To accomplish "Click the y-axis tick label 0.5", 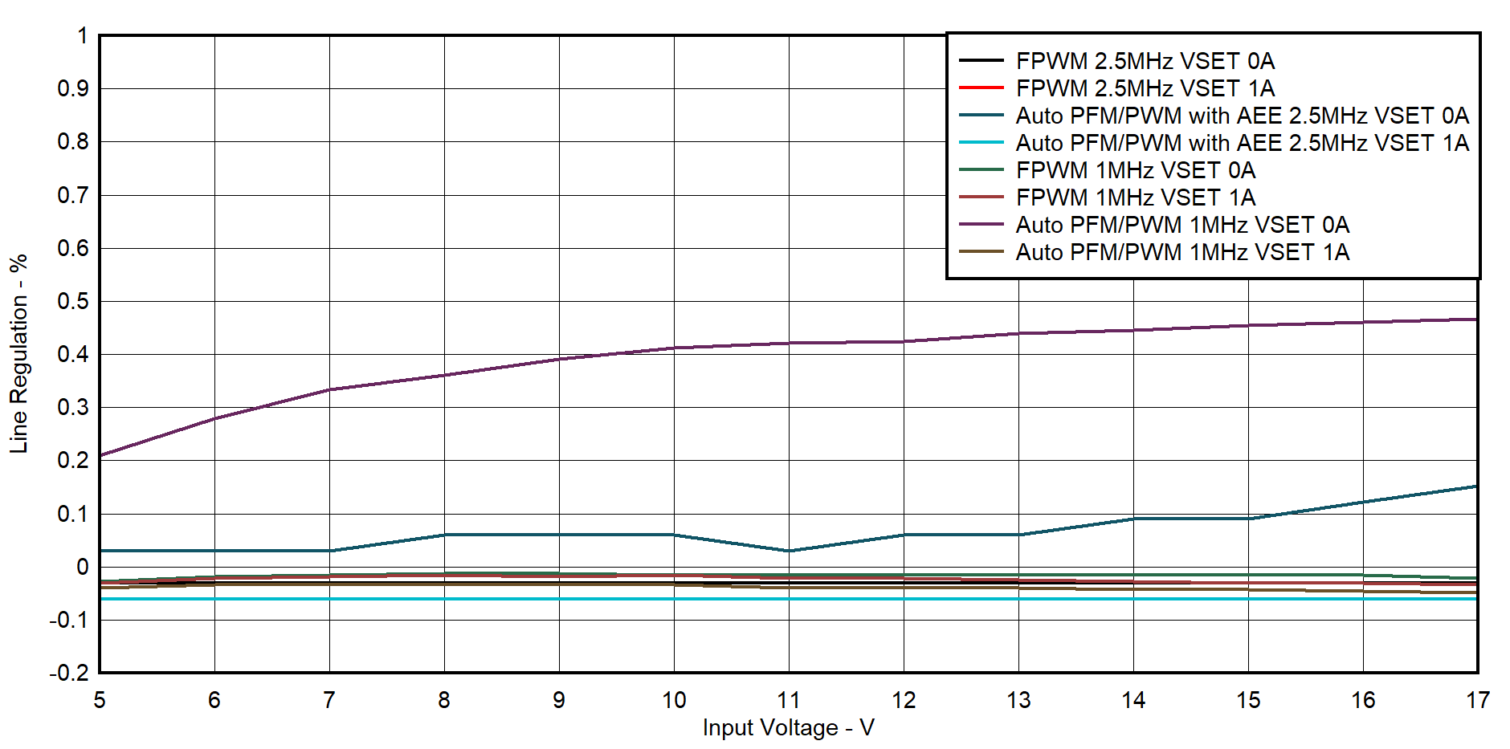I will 73,301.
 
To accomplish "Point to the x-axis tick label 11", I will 788,701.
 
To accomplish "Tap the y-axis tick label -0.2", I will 69,673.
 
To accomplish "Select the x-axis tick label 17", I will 1477,701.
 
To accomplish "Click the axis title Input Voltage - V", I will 788,728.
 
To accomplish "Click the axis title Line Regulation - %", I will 18,354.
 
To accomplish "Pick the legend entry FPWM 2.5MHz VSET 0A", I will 1145,61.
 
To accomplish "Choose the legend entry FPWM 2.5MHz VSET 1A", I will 1145,88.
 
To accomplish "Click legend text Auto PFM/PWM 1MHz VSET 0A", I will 1181,225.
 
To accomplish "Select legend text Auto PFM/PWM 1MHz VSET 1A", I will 1181,252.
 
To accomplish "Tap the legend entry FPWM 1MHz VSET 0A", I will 1135,170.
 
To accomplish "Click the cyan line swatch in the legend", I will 981,143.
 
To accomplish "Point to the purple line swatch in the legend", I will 981,225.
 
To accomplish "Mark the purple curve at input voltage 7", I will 329,389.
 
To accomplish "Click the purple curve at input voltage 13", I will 1018,333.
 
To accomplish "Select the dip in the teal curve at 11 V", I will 789,551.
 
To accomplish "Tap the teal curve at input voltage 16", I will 1363,503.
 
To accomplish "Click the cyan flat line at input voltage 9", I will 559,599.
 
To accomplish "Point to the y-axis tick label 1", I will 82,36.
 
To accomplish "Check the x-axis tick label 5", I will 100,701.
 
